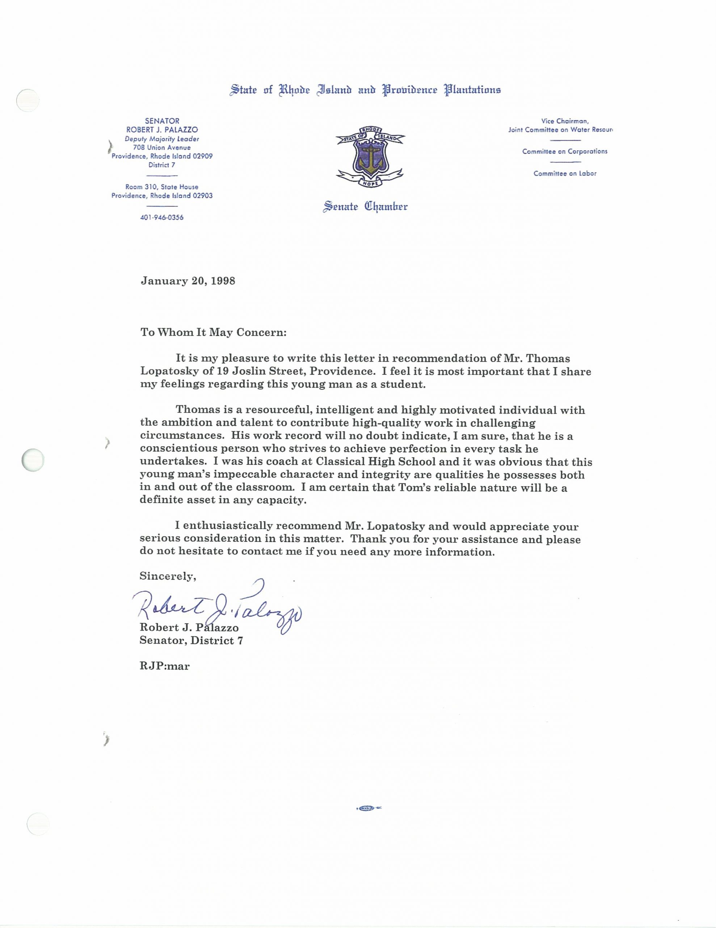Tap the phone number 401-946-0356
click(162, 217)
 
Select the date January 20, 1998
click(188, 281)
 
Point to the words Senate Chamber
click(366, 207)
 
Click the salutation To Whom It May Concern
click(214, 332)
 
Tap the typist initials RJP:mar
click(164, 666)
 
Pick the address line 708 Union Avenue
click(162, 148)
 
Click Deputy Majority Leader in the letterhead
click(162, 138)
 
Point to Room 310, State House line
click(162, 187)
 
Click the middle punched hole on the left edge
click(33, 460)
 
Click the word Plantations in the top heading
click(472, 90)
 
